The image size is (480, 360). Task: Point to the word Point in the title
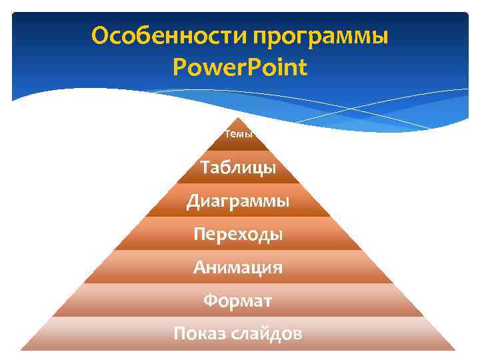click(x=276, y=67)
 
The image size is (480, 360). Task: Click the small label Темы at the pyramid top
click(x=238, y=134)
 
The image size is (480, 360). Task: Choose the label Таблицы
click(x=238, y=167)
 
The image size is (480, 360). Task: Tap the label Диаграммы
click(x=238, y=200)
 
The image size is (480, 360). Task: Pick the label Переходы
click(x=238, y=233)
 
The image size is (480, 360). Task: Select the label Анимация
click(x=238, y=267)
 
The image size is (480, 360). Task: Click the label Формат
click(x=238, y=301)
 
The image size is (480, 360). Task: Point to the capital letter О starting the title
click(x=100, y=35)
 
